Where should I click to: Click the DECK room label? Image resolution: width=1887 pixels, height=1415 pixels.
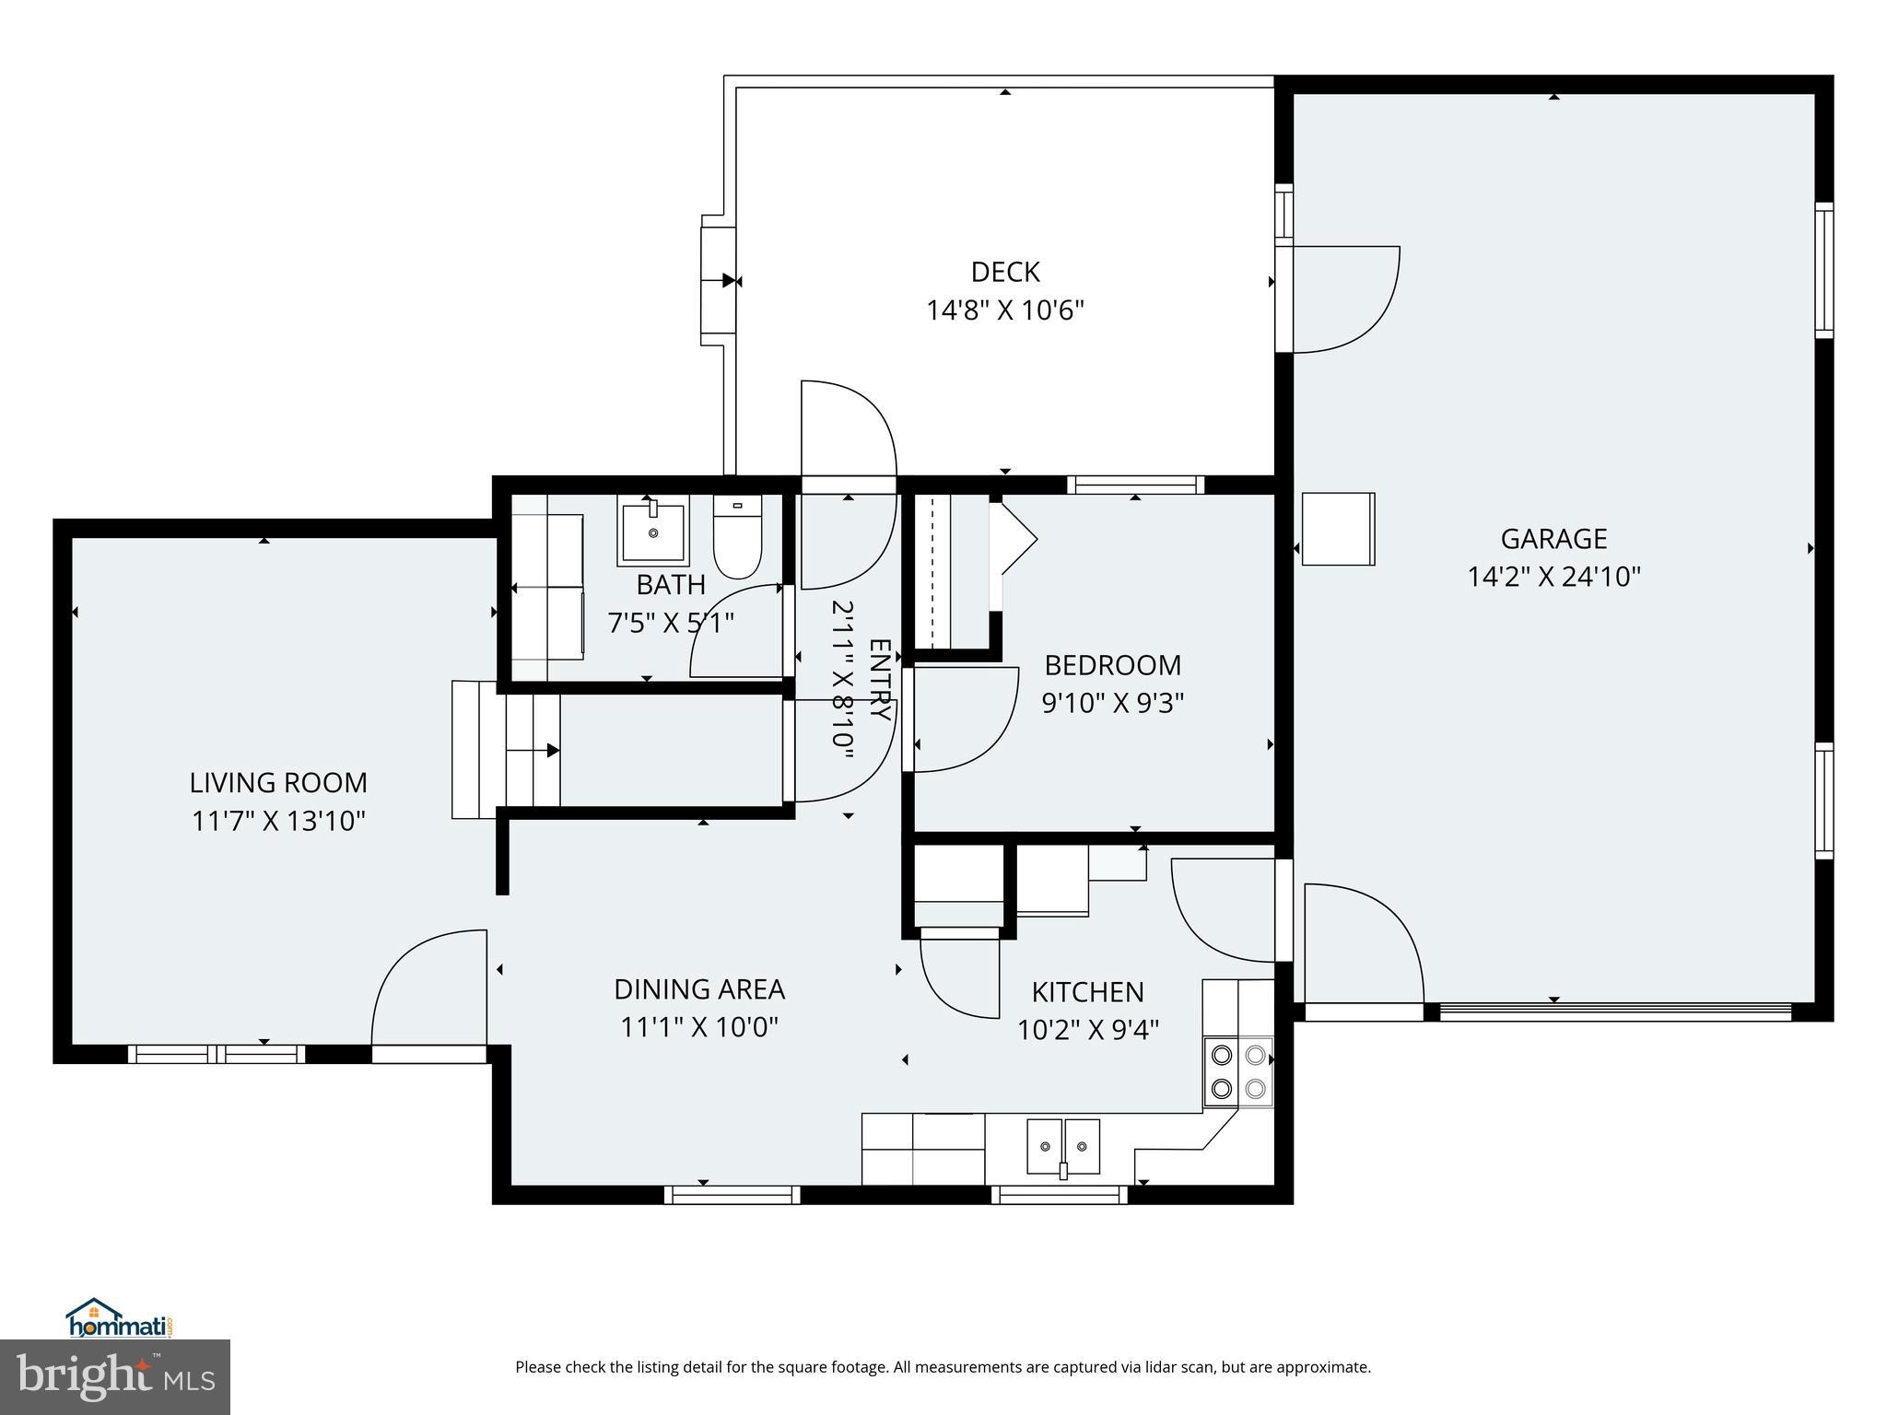1005,272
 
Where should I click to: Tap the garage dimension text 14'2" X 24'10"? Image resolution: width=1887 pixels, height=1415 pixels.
1553,577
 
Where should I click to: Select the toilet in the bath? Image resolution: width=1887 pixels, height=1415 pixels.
737,537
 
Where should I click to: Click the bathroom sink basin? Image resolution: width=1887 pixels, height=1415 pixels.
653,532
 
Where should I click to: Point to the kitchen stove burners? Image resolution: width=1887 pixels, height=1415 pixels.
1237,1070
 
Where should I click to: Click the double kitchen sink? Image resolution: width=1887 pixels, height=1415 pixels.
1063,1146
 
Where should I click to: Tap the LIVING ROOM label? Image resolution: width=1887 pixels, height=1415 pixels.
278,783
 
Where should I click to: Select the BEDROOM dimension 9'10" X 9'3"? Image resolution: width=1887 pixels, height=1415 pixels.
1112,703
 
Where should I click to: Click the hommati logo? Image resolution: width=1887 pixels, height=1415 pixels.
118,1319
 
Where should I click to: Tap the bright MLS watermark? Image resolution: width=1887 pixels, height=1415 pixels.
114,1376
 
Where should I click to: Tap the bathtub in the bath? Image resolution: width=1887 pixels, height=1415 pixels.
548,588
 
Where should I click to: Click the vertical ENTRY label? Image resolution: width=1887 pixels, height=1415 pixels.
879,680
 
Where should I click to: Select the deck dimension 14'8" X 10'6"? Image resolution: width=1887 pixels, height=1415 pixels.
1005,310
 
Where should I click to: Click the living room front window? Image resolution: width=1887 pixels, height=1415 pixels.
217,1053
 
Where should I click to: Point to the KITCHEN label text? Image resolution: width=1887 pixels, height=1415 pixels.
1087,992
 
